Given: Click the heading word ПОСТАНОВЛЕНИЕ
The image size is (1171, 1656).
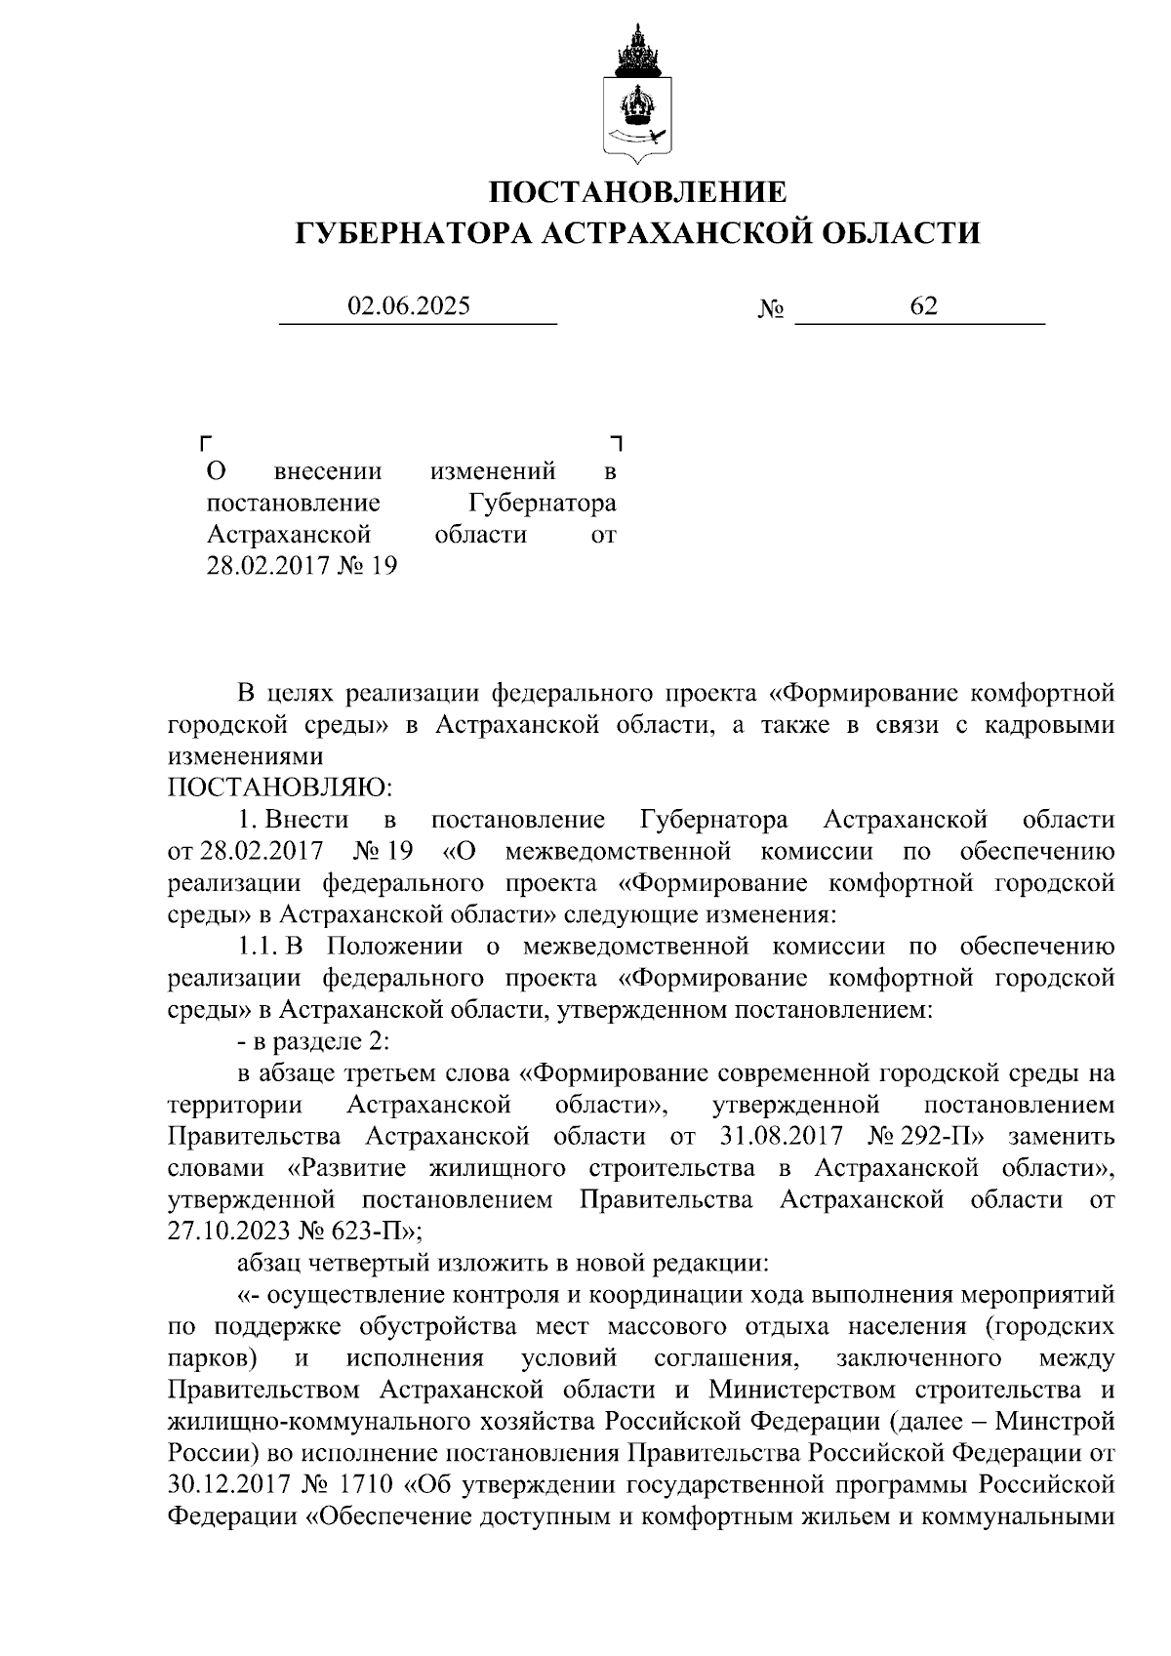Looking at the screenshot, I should pyautogui.click(x=637, y=191).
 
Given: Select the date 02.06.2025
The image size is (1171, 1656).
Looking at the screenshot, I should pyautogui.click(x=409, y=306).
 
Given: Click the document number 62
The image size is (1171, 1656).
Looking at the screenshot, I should pyautogui.click(x=923, y=306).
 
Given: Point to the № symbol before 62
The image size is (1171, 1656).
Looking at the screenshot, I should pyautogui.click(x=771, y=310).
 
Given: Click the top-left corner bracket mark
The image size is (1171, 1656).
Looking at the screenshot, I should pyautogui.click(x=204, y=443).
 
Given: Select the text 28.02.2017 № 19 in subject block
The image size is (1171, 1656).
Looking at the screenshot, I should pyautogui.click(x=302, y=566).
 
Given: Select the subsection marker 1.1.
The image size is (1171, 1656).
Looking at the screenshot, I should pyautogui.click(x=258, y=946).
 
